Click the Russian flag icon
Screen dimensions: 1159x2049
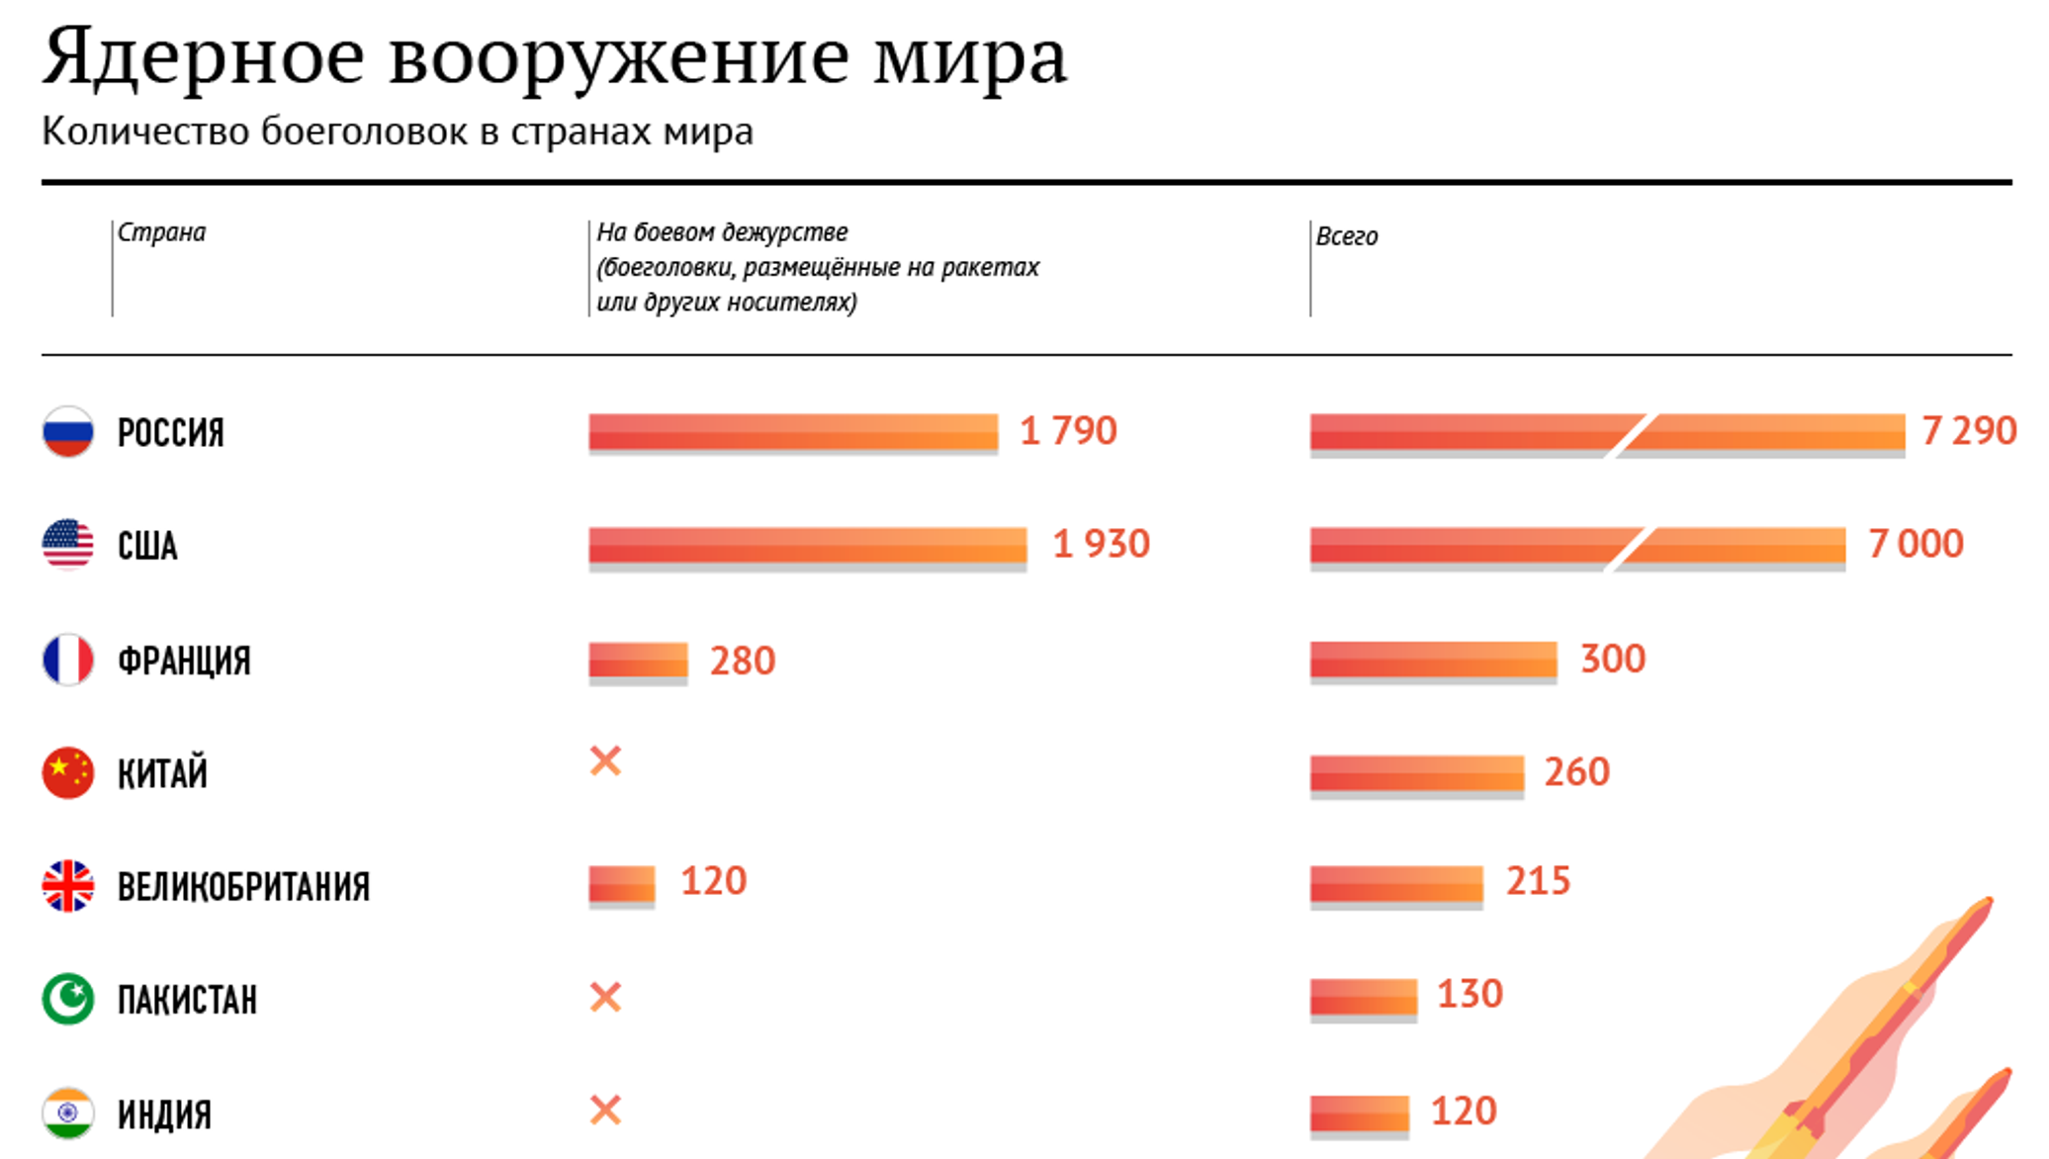coord(67,431)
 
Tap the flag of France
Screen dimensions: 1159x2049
coord(67,660)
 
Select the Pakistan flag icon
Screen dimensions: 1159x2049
coord(67,999)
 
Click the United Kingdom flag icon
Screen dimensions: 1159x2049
coord(67,885)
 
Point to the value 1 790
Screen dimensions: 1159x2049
coord(1068,431)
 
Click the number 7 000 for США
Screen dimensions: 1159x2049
coord(1915,544)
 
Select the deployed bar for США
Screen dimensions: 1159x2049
coord(807,545)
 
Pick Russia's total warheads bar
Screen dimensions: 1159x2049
coord(1607,432)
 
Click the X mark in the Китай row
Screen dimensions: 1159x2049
coord(605,760)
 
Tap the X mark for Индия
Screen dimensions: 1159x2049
coord(605,1110)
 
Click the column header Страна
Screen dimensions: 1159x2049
coord(162,232)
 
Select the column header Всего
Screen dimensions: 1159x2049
coord(1347,236)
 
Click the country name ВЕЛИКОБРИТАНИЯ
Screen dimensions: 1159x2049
coord(243,887)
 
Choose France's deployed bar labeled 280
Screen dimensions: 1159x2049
coord(638,661)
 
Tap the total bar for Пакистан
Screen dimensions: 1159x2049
coord(1363,997)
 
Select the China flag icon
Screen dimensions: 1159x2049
coord(67,772)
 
